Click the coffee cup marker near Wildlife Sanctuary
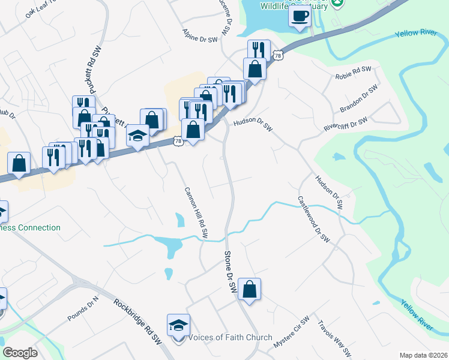point(300,16)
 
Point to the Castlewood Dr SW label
point(313,218)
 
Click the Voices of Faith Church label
point(231,337)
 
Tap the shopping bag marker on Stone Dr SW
point(249,289)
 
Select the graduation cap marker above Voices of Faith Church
point(179,325)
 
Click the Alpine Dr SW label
point(199,38)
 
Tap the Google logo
point(20,353)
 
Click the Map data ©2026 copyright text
point(423,355)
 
